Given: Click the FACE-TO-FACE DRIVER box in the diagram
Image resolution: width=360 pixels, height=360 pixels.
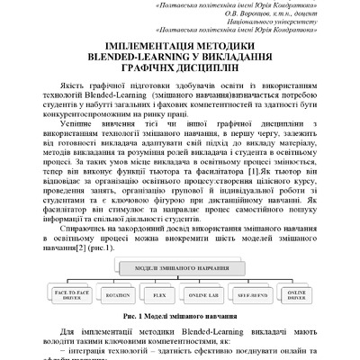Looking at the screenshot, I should tap(72, 295).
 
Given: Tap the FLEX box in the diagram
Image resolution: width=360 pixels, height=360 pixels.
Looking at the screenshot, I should tap(160, 295).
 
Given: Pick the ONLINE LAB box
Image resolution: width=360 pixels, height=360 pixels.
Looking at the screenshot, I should tap(205, 295).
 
